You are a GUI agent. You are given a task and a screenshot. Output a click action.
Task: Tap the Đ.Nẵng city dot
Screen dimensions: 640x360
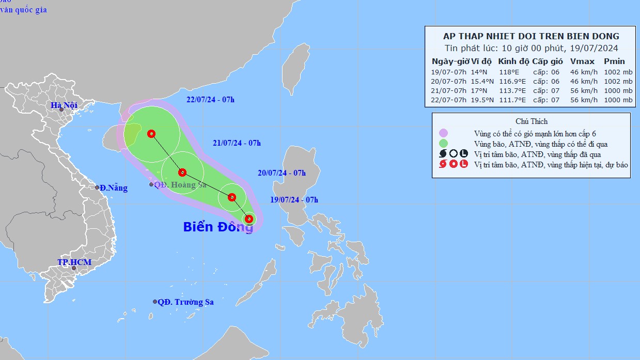click(97, 187)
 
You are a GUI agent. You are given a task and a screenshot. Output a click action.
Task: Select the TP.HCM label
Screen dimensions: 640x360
click(74, 262)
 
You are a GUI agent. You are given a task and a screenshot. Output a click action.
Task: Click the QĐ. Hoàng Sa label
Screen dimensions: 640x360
click(180, 184)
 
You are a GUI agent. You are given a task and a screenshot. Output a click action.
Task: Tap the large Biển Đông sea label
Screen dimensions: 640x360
click(218, 227)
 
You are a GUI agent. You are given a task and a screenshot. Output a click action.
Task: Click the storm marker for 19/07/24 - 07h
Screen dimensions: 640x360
click(249, 219)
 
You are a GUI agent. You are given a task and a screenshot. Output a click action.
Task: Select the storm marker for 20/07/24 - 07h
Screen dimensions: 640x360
click(232, 197)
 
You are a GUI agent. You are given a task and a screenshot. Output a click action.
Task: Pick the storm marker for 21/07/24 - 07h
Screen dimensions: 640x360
click(182, 173)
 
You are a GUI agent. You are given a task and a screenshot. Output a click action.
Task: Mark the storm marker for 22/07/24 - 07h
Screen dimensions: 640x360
click(151, 134)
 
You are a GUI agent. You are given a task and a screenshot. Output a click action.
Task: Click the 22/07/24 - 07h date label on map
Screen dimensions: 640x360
click(211, 100)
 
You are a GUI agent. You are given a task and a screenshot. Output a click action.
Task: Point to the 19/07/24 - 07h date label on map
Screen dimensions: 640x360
click(294, 200)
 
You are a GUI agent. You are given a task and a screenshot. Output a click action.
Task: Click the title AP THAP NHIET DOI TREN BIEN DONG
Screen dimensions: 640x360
click(531, 36)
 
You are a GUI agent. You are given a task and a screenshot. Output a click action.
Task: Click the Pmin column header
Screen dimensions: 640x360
click(614, 61)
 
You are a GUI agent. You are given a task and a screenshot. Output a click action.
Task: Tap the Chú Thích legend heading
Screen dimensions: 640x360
click(531, 121)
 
